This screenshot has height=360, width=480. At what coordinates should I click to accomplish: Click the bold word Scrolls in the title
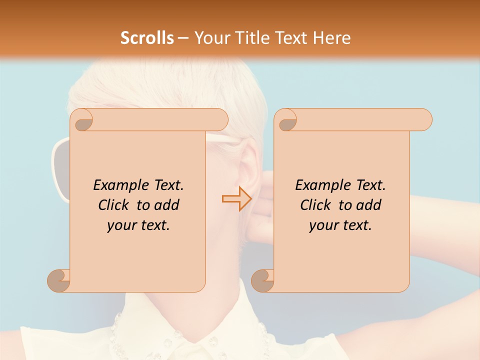coord(147,37)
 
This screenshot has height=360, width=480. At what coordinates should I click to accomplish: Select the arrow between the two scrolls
coord(236,198)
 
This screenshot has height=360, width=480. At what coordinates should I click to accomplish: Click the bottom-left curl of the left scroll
coord(58,280)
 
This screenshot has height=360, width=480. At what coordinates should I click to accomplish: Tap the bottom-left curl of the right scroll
coord(262,280)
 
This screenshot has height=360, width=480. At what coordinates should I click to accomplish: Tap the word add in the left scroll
coord(167,205)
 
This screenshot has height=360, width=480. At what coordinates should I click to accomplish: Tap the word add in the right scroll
coord(369,205)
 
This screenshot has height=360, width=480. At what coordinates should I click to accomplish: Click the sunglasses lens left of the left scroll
coord(60,170)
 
